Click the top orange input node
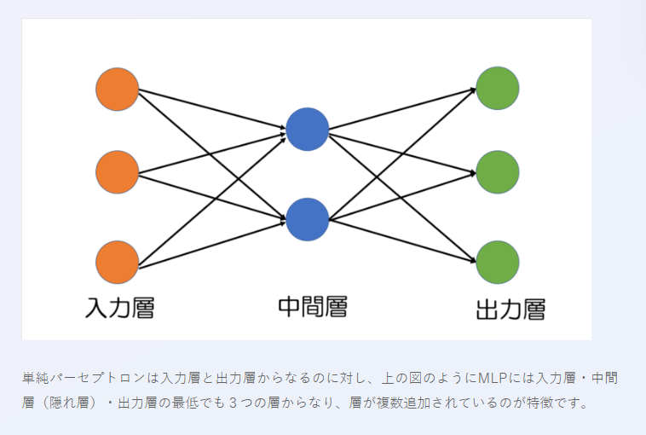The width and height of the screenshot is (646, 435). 118,89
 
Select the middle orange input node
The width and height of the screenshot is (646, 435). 118,172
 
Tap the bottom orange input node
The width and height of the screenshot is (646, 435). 118,263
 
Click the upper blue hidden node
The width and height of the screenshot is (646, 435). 308,130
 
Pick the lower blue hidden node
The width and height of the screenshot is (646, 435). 308,219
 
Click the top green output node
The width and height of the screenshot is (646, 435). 498,89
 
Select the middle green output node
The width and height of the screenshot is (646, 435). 498,172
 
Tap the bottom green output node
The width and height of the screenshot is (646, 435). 498,263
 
